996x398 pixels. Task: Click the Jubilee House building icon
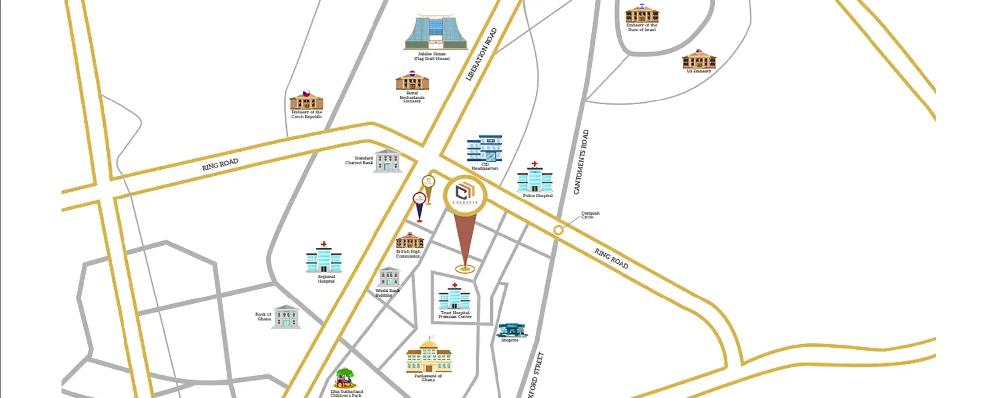tap(436, 32)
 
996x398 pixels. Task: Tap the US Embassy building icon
tap(699, 59)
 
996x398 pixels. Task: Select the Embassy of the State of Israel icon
tap(642, 14)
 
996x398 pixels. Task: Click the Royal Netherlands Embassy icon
tap(412, 81)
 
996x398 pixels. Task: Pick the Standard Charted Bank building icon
tap(388, 161)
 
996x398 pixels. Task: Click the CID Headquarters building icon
tap(485, 148)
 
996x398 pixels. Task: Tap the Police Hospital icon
tap(535, 178)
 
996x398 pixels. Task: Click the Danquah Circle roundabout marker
tap(558, 230)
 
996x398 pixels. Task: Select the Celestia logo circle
tap(465, 195)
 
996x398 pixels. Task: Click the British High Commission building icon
tap(410, 241)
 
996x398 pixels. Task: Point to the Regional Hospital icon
tap(324, 258)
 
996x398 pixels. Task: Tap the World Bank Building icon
tap(389, 277)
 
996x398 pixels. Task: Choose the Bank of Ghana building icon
tap(286, 317)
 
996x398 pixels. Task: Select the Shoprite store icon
tap(511, 330)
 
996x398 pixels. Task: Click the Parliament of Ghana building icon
tap(429, 356)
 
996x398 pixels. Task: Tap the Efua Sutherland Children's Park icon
tap(346, 379)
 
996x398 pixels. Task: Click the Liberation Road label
tap(481, 54)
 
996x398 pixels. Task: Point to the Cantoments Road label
tap(581, 162)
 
